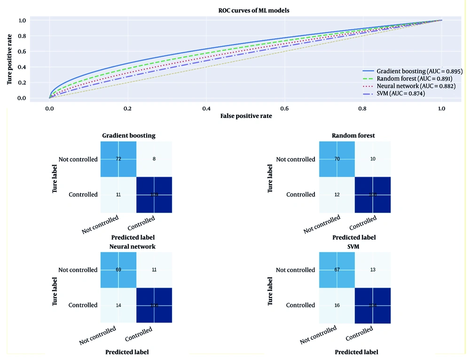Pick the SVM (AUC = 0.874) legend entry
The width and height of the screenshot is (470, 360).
coord(400,94)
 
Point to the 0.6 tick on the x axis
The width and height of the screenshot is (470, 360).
coord(284,108)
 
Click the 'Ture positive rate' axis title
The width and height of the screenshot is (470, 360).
coord(9,59)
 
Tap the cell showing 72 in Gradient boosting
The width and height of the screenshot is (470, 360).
coord(118,159)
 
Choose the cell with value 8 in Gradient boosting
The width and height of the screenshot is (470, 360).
coord(155,159)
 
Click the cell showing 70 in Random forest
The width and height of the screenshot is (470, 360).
coord(337,159)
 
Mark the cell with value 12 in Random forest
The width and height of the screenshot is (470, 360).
coord(337,195)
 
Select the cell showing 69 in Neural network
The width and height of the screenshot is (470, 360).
coord(118,270)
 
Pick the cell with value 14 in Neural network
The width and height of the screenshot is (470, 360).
coord(118,305)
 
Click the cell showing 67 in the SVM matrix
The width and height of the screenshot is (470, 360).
coord(337,270)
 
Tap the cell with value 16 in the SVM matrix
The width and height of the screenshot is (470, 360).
coord(337,305)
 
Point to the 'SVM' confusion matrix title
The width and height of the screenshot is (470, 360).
coord(354,246)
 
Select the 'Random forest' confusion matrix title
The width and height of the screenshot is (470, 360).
coord(354,136)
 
